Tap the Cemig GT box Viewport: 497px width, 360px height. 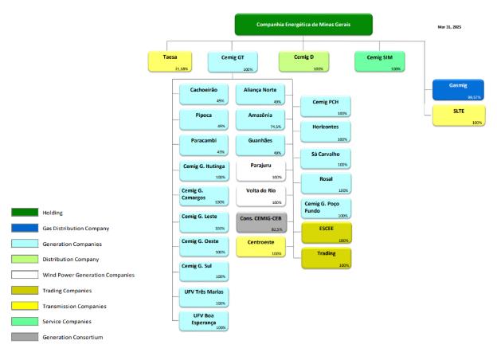[230, 61]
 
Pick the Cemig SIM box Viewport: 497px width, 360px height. [378, 61]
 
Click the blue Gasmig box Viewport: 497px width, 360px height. [458, 89]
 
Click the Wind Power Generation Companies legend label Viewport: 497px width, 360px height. [88, 275]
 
